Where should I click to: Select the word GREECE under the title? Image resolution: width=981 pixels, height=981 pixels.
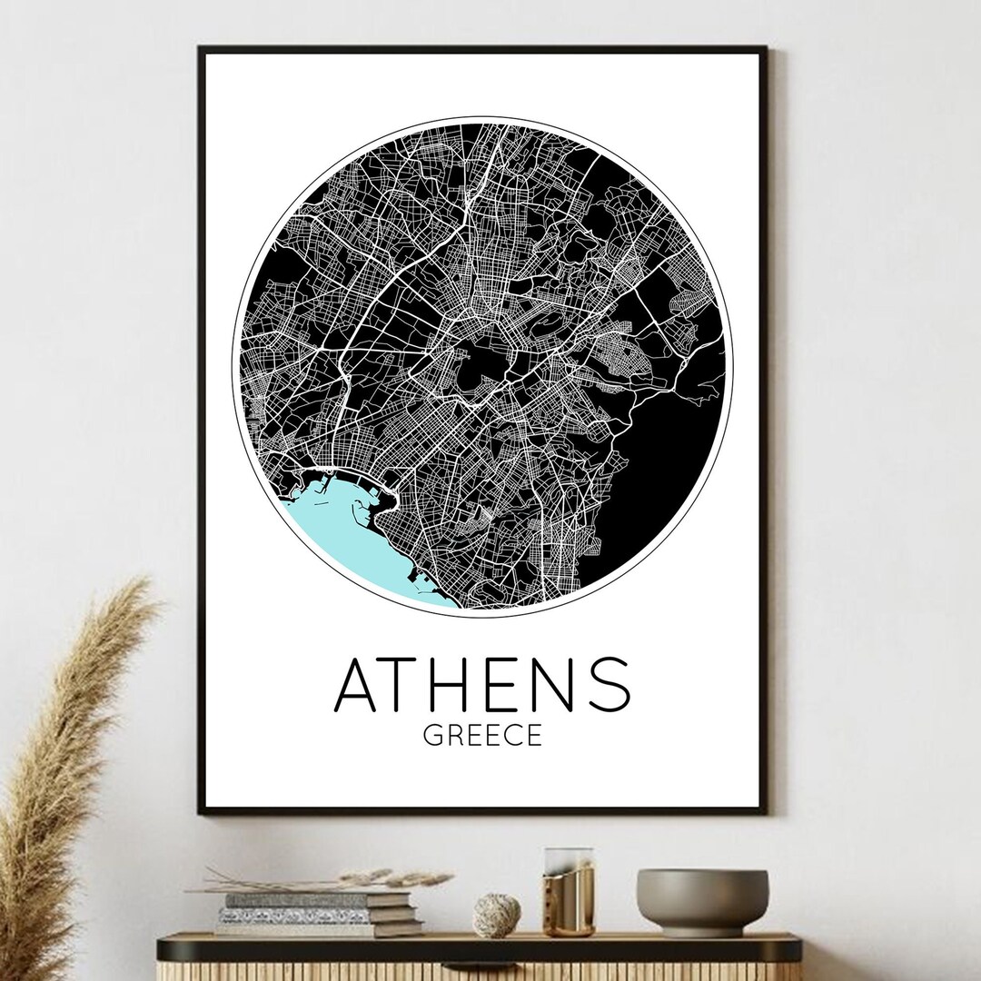tap(481, 734)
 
